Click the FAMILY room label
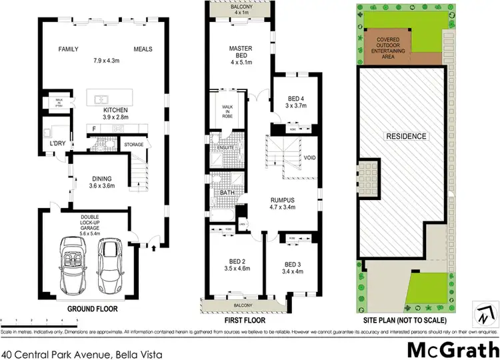(68, 49)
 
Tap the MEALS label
(143, 49)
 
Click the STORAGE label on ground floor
(135, 144)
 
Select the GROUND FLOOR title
(92, 309)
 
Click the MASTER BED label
(239, 53)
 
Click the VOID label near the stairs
(309, 158)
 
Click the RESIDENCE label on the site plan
(406, 136)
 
